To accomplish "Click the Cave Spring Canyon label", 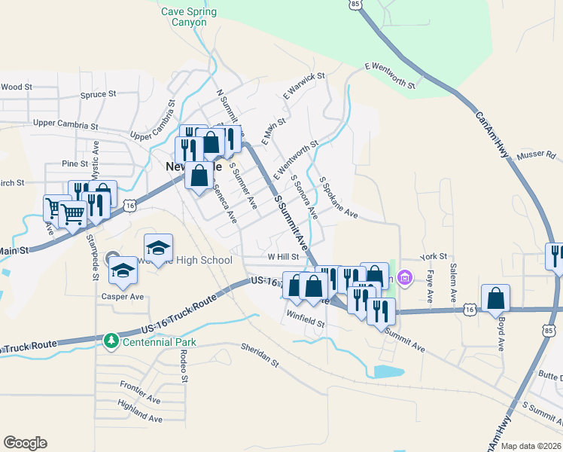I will click(x=188, y=17).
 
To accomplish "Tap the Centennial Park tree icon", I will click(x=111, y=341).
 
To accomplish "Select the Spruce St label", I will click(x=98, y=95).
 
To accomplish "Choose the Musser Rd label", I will click(x=536, y=155).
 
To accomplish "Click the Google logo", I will click(x=25, y=442).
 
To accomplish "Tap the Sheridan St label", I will click(x=260, y=352).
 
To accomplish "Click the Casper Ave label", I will click(x=123, y=297).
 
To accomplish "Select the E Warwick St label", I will click(x=303, y=87).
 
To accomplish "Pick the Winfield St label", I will click(x=305, y=318).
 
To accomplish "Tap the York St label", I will click(x=434, y=257).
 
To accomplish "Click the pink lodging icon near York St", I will click(x=405, y=279).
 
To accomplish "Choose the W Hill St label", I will click(x=284, y=257).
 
